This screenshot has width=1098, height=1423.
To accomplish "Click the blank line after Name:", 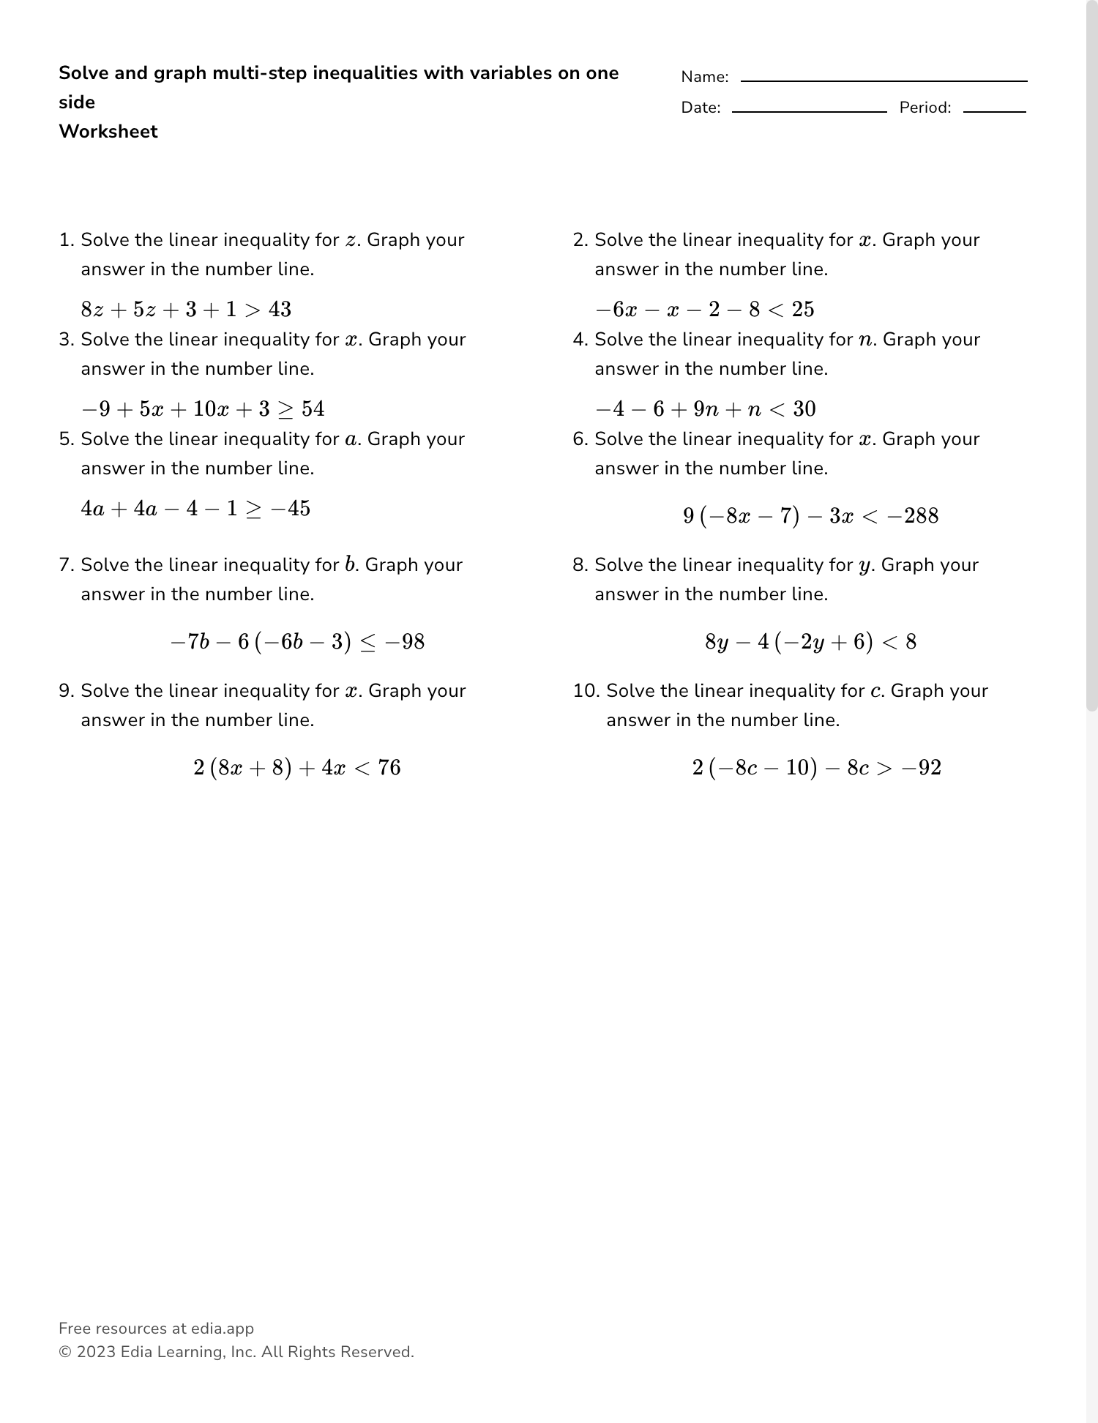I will point(884,79).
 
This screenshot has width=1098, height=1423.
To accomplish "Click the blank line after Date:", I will point(809,110).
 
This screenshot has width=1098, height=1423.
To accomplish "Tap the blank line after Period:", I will point(994,110).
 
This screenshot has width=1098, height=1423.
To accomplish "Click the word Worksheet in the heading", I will point(108,132).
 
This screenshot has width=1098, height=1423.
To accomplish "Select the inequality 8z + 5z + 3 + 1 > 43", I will point(186,310).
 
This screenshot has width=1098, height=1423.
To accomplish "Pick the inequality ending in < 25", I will point(704,310).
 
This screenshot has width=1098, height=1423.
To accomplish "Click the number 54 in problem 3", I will point(313,409).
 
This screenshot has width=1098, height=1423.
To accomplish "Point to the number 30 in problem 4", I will point(804,409).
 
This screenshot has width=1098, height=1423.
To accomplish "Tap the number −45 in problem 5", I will point(291,509).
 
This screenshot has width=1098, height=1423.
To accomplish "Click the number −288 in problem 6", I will point(912,516).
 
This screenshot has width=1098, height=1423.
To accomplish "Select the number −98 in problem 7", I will point(404,642).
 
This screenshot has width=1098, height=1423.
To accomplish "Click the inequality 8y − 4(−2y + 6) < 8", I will point(810,642).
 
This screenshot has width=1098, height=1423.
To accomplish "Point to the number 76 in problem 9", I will point(389,768).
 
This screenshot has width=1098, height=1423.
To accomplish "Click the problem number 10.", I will point(586,691).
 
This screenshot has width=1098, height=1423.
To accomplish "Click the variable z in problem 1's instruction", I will point(352,241).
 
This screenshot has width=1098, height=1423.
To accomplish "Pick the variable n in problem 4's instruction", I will point(866,340).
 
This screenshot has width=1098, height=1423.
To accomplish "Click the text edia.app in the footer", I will point(223,1329).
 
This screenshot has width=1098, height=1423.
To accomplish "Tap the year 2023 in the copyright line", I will point(96,1352).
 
